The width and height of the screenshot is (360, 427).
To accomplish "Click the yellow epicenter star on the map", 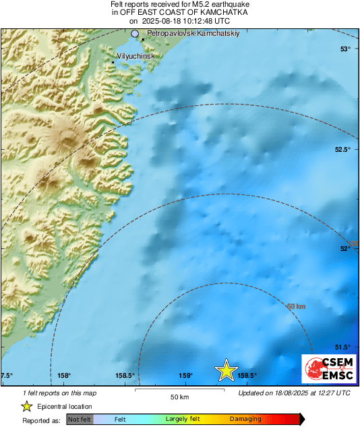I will (227, 370).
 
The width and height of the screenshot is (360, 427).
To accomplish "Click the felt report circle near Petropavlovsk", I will (135, 33).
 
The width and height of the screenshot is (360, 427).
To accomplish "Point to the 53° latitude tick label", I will (345, 49).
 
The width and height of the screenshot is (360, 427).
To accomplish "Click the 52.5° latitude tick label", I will (343, 150).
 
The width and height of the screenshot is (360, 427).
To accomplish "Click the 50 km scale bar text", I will (179, 396).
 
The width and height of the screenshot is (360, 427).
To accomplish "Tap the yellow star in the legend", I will (26, 406).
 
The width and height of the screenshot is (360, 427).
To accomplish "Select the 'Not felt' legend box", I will (80, 420).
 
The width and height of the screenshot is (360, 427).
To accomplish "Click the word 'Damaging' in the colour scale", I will (246, 420).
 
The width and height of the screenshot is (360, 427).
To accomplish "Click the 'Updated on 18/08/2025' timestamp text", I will (295, 393).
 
